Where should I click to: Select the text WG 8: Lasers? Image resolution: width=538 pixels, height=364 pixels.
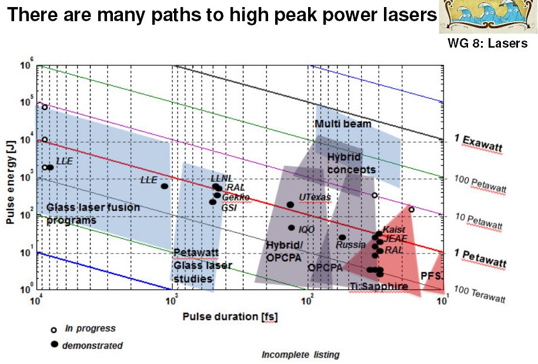pos(487,43)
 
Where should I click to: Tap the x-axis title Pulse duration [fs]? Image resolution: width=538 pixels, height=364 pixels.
pos(230,316)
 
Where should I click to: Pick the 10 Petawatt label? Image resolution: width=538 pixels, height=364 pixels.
pos(479,221)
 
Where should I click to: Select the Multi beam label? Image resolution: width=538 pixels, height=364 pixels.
pos(343,124)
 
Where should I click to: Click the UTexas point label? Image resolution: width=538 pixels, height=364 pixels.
pos(315,198)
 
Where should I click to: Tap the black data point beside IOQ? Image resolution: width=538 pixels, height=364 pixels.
pos(291,228)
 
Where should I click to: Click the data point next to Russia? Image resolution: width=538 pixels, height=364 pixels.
pos(342,238)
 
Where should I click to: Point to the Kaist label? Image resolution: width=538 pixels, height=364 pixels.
pos(394,229)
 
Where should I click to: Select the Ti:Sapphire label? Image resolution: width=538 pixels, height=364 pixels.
pos(379,287)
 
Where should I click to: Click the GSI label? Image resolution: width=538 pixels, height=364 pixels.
pos(229,207)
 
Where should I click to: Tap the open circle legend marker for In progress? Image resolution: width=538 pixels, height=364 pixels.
pos(54,329)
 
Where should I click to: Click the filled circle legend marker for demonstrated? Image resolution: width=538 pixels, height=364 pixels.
pos(54,344)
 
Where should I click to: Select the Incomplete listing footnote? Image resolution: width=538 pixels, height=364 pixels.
pos(300,355)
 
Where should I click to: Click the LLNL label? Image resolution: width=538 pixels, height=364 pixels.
pos(222,178)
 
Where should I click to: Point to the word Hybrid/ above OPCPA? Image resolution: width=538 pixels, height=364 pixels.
pos(285,245)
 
